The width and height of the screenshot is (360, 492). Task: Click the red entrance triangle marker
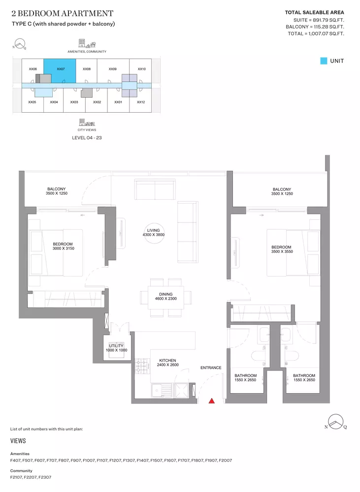(212, 400)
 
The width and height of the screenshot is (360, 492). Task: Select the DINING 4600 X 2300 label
(166, 297)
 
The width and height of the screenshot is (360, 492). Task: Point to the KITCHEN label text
(168, 361)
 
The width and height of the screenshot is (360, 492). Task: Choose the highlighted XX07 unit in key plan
(60, 71)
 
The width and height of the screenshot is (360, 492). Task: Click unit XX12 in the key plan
(141, 102)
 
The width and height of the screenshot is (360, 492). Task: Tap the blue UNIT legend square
(324, 61)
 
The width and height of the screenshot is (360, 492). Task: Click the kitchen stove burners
(143, 366)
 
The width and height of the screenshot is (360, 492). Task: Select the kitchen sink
(162, 391)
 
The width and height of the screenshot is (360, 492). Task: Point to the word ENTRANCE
(211, 368)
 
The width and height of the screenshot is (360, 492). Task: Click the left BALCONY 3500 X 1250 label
(57, 191)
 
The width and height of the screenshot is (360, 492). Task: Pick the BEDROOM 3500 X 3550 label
(282, 249)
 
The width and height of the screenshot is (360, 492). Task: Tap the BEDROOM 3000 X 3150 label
(63, 246)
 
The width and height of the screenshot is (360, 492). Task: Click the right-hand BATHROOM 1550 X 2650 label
(304, 377)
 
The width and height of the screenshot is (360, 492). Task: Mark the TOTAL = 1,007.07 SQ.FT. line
(316, 33)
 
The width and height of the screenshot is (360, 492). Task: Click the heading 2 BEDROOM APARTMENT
(62, 13)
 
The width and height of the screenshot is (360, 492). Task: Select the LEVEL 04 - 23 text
(87, 138)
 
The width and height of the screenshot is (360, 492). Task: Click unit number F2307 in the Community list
(45, 477)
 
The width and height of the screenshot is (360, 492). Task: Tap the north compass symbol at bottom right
(336, 422)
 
